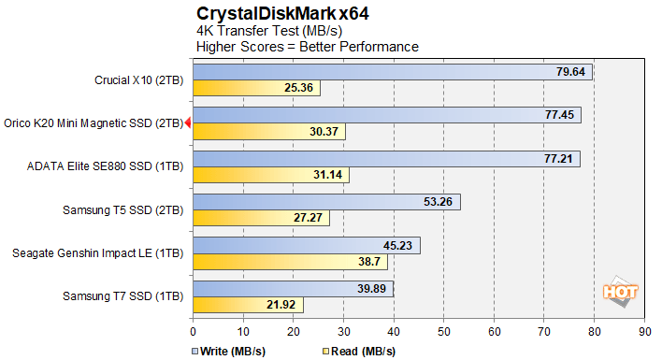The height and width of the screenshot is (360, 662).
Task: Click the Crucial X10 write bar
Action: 393,72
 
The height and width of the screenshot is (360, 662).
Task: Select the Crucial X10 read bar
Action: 257,88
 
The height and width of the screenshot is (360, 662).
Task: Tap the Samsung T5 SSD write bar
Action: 326,201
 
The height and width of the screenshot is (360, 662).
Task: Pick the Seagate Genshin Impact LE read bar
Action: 290,262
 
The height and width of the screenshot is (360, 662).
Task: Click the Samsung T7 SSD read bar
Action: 248,305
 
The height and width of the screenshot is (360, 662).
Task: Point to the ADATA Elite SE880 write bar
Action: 386,159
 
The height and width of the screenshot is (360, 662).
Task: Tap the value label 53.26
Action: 439,202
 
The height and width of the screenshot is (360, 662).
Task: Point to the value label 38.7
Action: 369,262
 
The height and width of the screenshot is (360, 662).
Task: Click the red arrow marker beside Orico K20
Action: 188,122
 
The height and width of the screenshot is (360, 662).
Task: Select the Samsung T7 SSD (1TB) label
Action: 122,296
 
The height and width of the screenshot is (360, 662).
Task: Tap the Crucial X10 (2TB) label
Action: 139,79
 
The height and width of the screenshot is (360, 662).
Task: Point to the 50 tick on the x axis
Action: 444,330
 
